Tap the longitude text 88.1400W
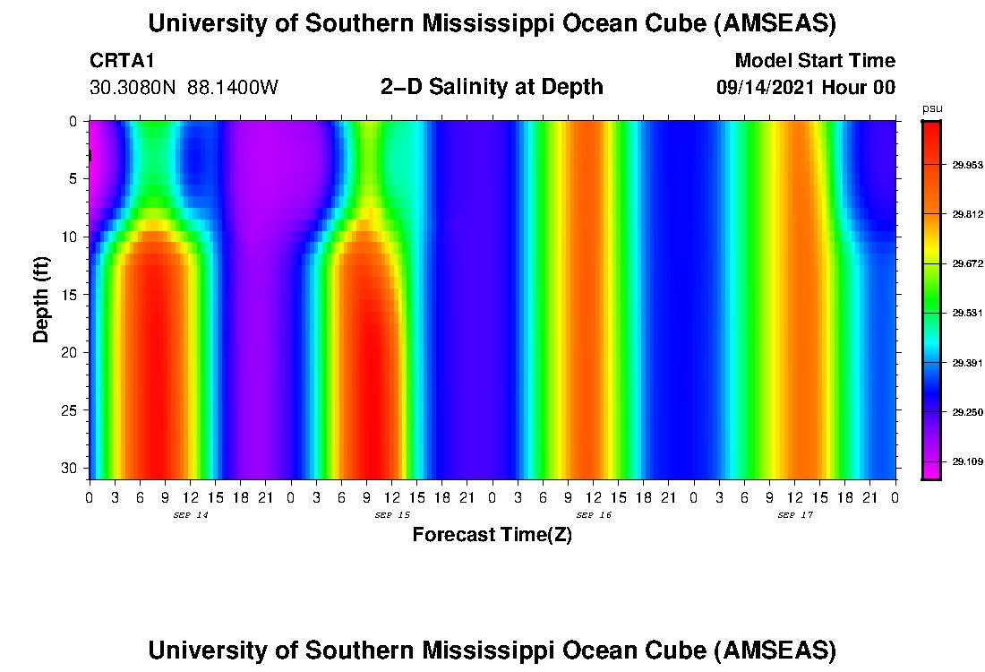(233, 88)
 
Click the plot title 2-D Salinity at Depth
(492, 87)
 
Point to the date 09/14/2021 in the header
(766, 88)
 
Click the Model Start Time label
(814, 62)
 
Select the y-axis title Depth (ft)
(41, 299)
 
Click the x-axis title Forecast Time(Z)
(492, 535)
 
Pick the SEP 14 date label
(190, 515)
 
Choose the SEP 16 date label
(593, 515)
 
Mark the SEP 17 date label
(794, 515)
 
